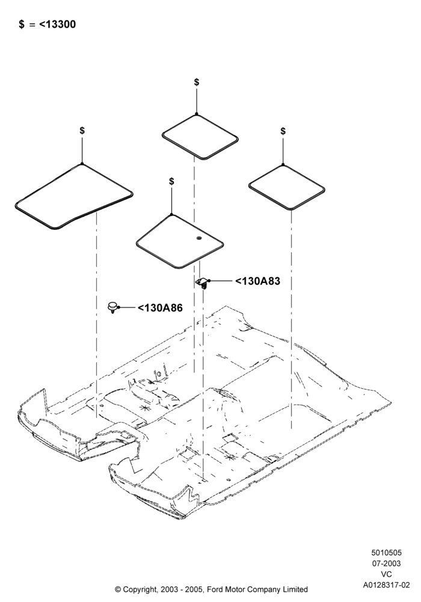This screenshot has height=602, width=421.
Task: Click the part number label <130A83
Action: (x=257, y=281)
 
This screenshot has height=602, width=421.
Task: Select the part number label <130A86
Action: (x=160, y=308)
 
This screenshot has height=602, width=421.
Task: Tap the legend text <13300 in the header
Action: (x=58, y=25)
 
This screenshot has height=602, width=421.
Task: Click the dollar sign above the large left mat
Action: (x=82, y=131)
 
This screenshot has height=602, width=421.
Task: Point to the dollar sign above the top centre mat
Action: (x=197, y=82)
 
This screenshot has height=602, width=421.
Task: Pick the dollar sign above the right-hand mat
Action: (x=283, y=131)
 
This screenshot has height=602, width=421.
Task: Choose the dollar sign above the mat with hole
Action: (x=171, y=181)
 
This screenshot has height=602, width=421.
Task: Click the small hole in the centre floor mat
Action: (x=198, y=239)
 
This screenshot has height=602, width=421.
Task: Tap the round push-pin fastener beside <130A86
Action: (x=112, y=307)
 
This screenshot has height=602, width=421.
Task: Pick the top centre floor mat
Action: (x=200, y=137)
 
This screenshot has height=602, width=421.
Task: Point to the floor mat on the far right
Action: (x=287, y=187)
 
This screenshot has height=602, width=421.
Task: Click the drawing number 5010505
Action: (x=386, y=553)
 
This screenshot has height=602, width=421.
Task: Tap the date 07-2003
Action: (x=386, y=563)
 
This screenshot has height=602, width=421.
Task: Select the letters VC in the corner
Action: (x=387, y=574)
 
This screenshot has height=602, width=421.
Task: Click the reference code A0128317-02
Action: (x=387, y=585)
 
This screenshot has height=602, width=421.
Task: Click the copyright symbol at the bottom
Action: (x=118, y=589)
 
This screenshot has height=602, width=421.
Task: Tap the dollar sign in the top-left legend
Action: (x=22, y=25)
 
